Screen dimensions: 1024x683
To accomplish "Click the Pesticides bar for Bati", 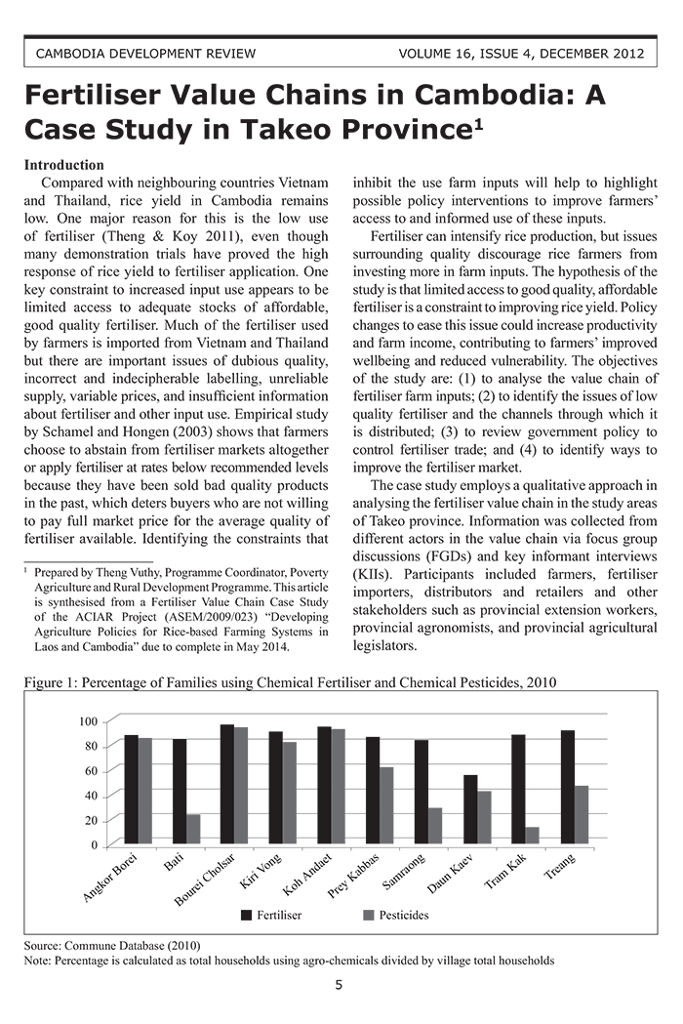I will tap(193, 829).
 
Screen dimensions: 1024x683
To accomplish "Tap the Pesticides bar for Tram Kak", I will tap(532, 836).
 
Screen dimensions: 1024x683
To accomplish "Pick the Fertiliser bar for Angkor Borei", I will tap(131, 790).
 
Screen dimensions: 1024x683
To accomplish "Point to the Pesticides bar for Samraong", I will tap(435, 826).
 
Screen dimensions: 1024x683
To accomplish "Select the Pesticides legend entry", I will tap(394, 915).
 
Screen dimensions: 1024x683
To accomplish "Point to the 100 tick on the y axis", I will tap(89, 721).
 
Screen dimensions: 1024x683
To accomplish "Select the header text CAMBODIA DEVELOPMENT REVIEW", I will tap(145, 53).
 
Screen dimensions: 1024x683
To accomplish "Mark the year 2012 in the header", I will tap(624, 53).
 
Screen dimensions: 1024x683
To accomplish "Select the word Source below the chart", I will tap(42, 946).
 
